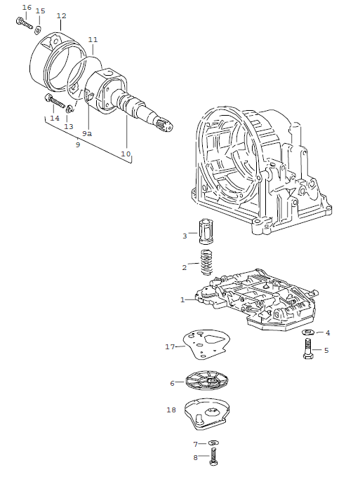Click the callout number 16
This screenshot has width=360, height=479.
tap(27, 8)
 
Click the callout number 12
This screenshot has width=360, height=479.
tap(61, 15)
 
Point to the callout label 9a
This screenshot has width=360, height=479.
tap(87, 133)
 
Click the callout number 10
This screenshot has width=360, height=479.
tap(126, 153)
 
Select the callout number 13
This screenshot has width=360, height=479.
tap(68, 126)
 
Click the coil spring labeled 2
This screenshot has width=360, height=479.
tap(206, 264)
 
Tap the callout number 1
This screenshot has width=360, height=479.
tap(182, 299)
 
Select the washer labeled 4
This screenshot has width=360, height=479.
tap(308, 332)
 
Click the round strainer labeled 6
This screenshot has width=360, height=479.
tap(209, 381)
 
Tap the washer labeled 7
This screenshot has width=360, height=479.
tap(213, 443)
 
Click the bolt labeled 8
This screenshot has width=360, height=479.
tap(213, 459)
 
